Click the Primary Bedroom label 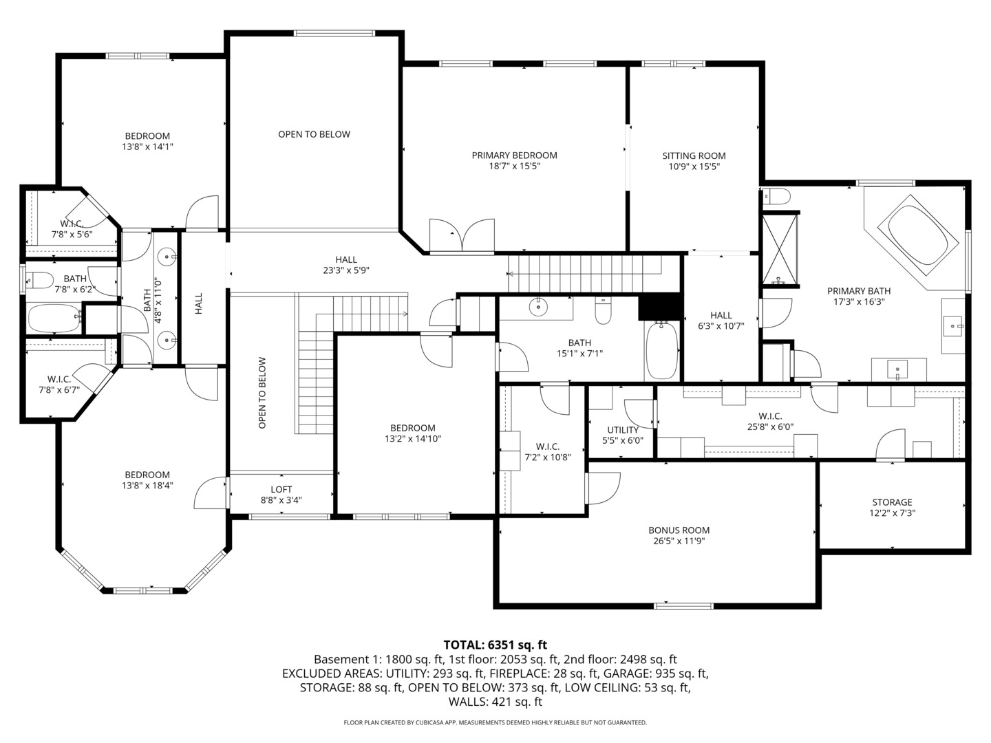pos(514,155)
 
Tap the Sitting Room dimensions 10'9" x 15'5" pos(694,166)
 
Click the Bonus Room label pos(679,530)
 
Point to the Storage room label pos(892,502)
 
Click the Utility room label pos(622,430)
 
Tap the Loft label pos(281,490)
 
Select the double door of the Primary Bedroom pos(462,236)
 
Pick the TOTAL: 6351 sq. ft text pos(495,645)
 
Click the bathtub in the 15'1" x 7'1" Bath pos(662,351)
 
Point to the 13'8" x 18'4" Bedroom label pos(147,475)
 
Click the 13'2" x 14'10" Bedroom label pos(412,428)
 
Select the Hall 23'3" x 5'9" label pos(346,259)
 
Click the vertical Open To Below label pos(262,393)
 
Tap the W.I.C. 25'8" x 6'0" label pos(769,416)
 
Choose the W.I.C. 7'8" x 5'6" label pos(72,224)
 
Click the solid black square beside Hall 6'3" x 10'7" pos(659,307)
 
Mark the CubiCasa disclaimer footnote pos(495,722)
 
